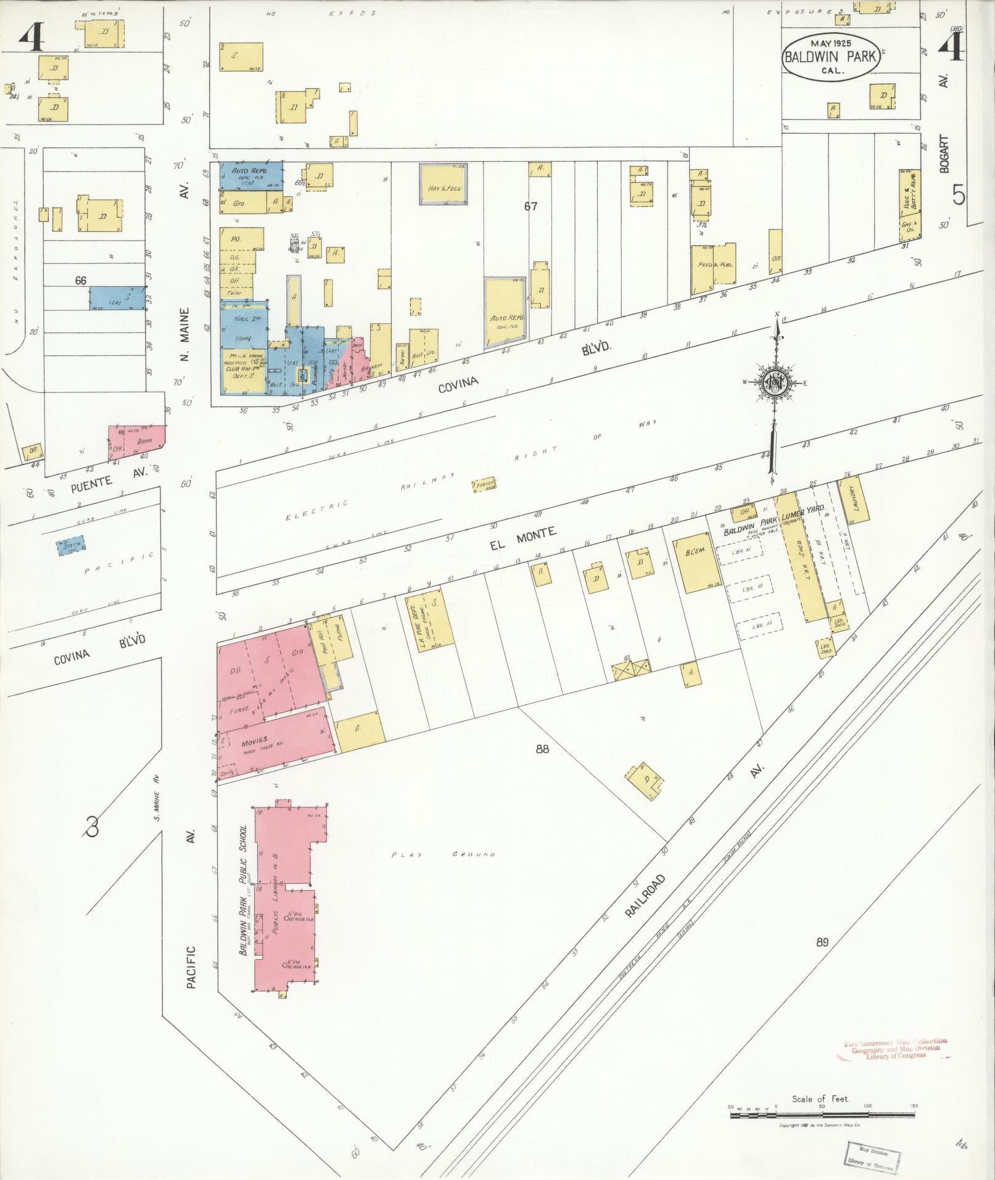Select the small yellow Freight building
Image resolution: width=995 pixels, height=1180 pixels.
click(x=485, y=485)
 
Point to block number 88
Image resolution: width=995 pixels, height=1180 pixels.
click(x=542, y=749)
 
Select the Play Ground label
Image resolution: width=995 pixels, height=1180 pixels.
click(x=444, y=855)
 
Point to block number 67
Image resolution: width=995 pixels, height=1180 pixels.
click(x=531, y=207)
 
